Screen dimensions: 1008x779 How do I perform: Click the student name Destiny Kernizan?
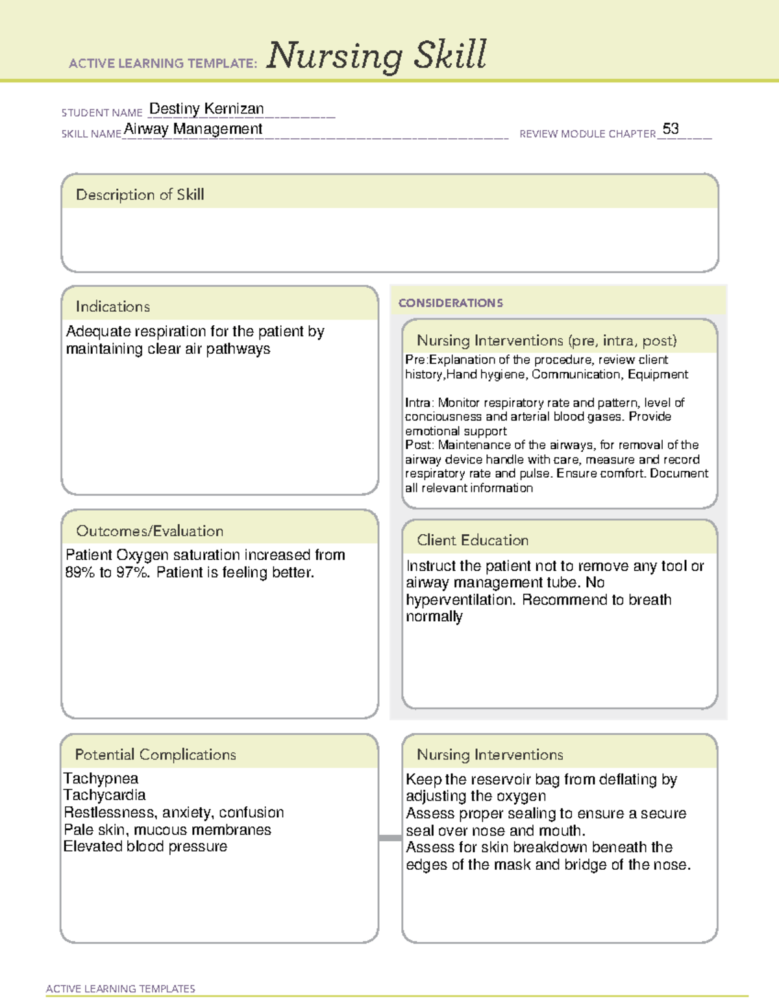[206, 108]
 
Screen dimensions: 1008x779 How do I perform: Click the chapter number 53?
[671, 129]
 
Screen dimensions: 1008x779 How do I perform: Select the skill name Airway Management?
[193, 129]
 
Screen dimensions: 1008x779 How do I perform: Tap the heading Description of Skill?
[140, 195]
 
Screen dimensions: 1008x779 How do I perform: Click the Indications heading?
[112, 306]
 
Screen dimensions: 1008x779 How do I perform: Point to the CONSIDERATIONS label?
[451, 303]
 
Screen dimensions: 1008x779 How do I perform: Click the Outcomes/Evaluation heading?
[149, 531]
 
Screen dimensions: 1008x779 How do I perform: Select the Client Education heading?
[472, 540]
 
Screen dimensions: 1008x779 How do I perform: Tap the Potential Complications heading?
[155, 754]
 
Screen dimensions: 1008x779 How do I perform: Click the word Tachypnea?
[101, 778]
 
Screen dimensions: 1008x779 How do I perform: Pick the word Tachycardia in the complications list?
[105, 795]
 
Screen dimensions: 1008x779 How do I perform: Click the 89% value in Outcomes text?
[80, 572]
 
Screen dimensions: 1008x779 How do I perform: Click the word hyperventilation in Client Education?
[460, 600]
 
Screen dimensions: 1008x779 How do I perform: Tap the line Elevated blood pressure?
[145, 846]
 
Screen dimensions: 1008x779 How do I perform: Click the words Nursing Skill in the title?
[376, 55]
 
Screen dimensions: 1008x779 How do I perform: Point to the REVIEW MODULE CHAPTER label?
[587, 134]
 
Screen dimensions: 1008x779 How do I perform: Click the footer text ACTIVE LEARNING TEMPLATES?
[120, 989]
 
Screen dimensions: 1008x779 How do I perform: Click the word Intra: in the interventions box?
[419, 403]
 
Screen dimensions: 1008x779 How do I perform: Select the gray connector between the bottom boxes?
[389, 838]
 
